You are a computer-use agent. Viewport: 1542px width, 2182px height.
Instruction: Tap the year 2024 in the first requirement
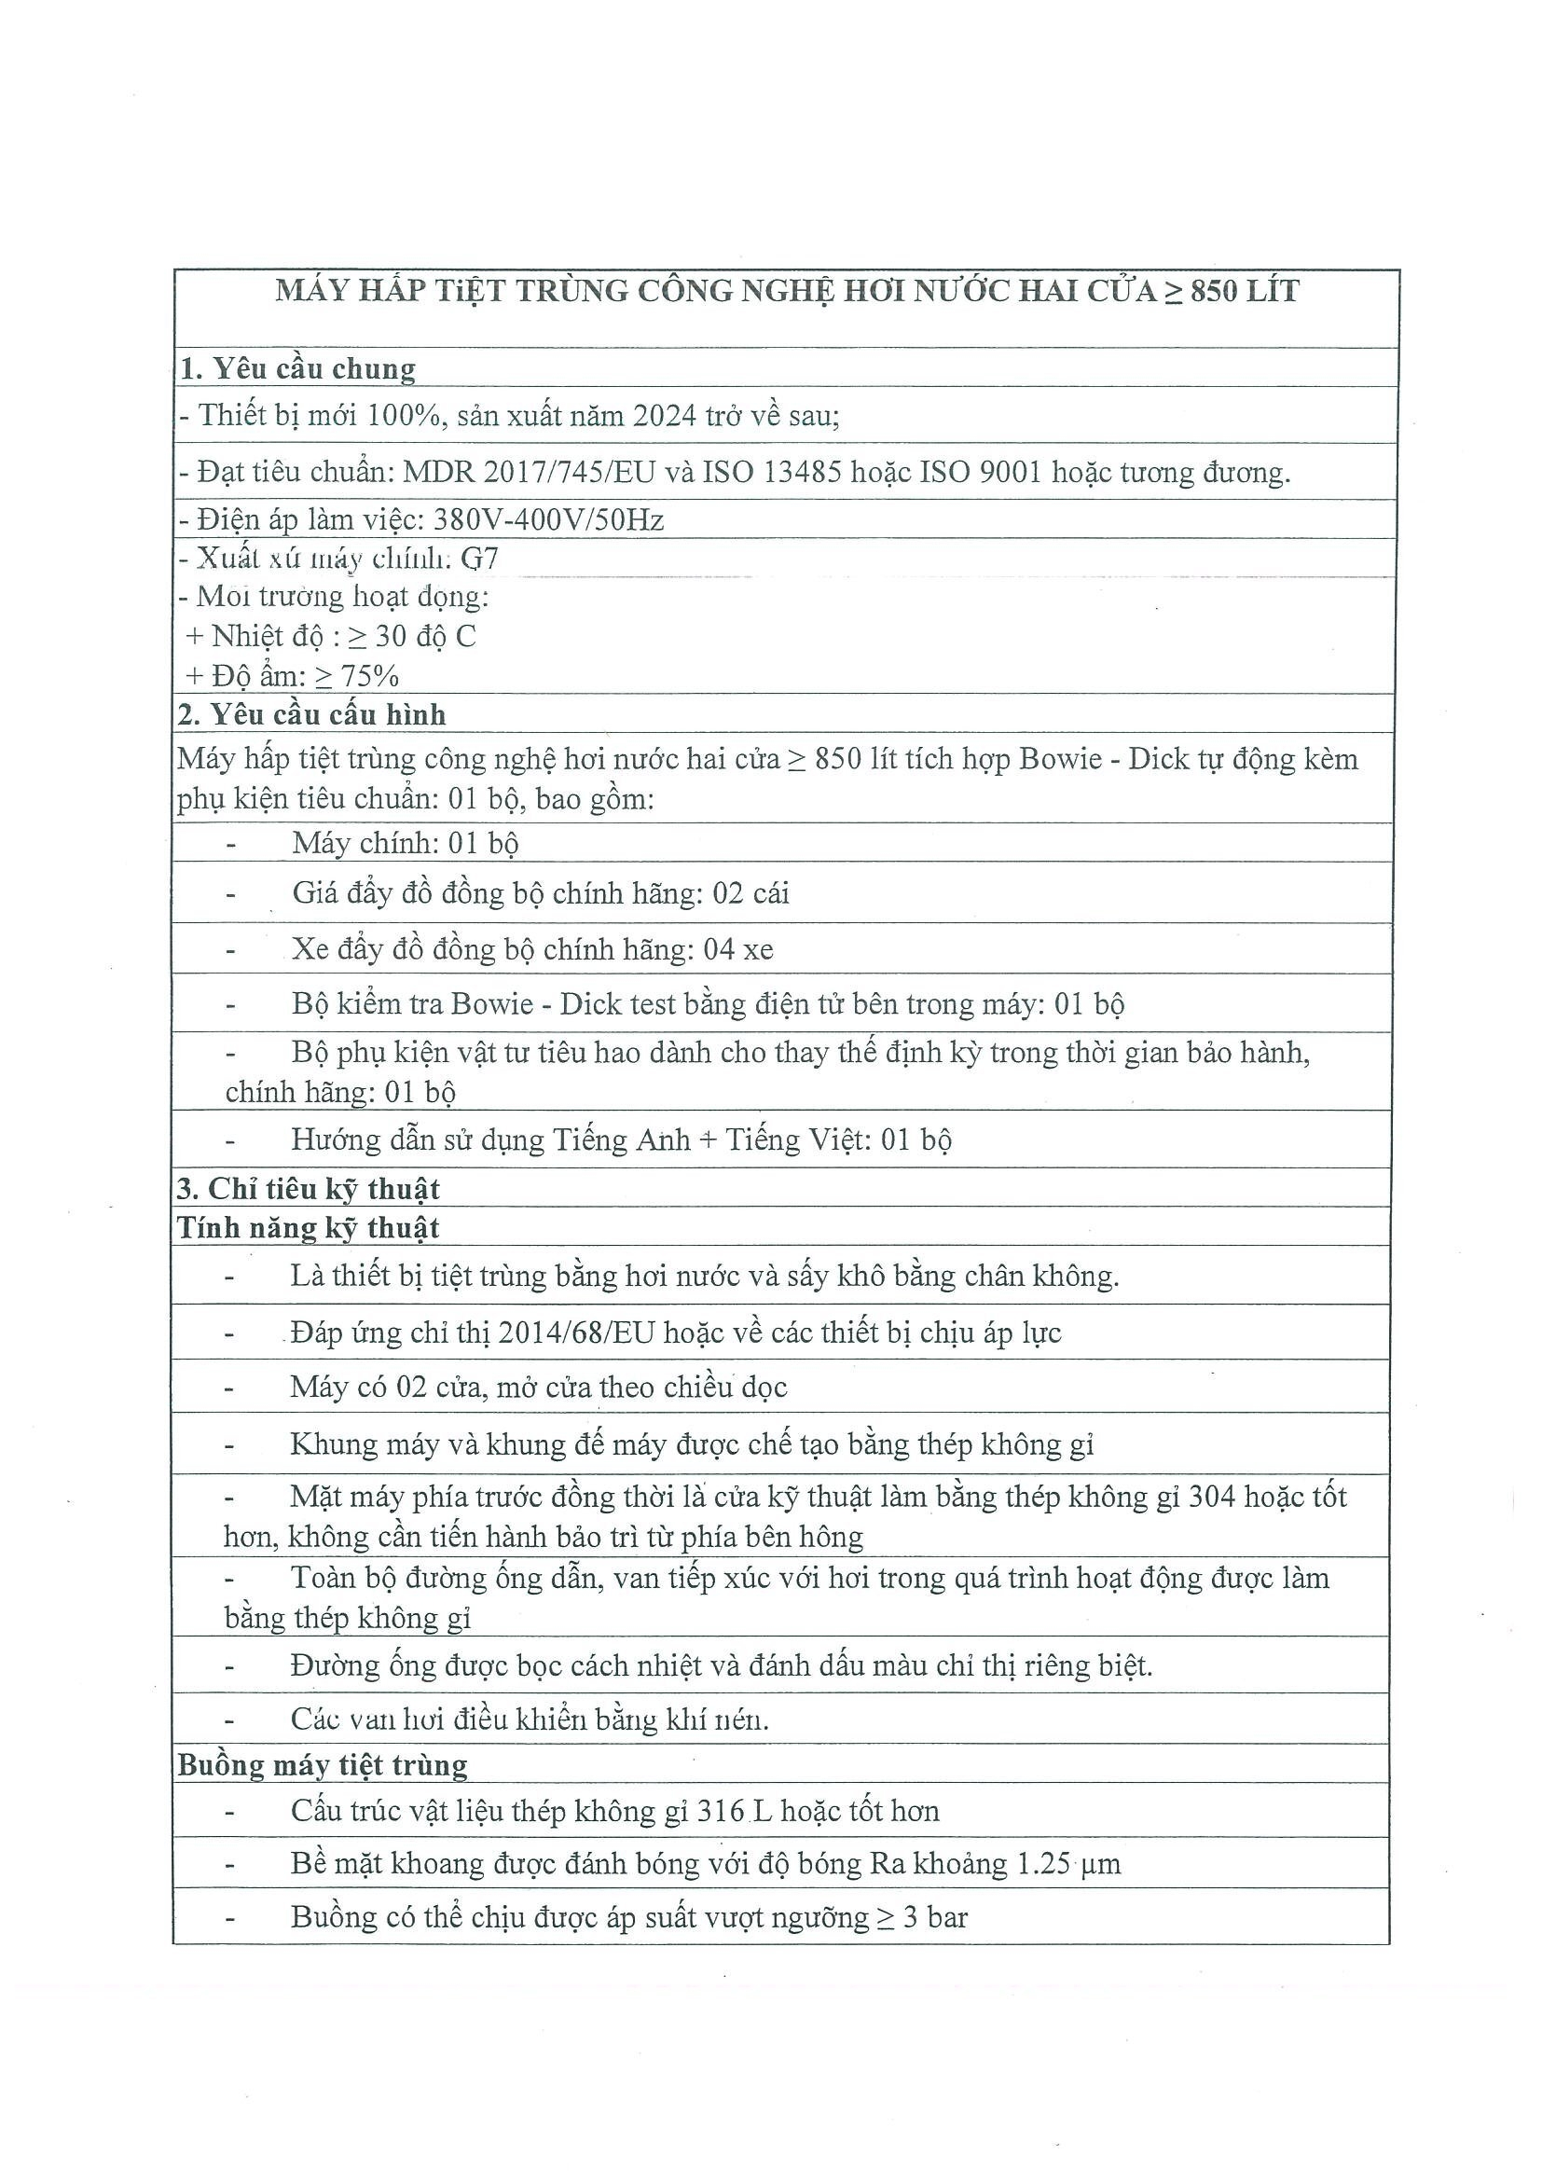pos(665,416)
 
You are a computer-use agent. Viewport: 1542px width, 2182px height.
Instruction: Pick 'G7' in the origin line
pos(480,559)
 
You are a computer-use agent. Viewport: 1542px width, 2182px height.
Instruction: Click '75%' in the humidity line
pos(369,677)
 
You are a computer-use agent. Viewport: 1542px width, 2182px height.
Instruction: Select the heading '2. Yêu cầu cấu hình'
pos(311,714)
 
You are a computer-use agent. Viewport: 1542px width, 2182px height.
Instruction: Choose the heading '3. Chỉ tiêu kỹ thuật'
pos(309,1189)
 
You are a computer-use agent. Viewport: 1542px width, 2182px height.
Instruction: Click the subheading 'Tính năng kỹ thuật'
pos(309,1228)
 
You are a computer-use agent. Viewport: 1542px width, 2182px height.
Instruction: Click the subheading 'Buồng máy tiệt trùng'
pos(323,1765)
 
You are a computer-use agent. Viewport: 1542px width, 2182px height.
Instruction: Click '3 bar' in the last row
pos(935,1918)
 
